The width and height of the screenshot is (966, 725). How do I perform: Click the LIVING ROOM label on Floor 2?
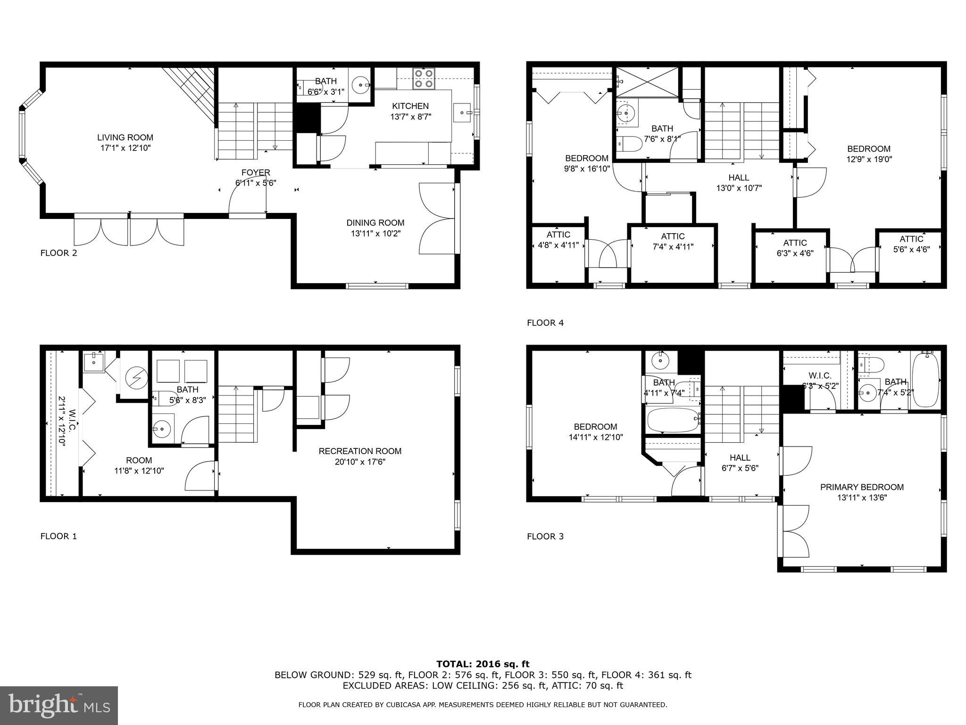click(125, 137)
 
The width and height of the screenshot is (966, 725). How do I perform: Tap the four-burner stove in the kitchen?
click(423, 78)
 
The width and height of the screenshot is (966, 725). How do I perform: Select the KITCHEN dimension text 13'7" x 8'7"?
click(410, 116)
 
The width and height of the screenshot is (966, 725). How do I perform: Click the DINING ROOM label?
click(375, 223)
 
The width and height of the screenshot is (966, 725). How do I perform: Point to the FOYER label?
click(256, 173)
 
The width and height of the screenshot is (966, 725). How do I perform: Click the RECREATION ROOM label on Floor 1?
click(360, 451)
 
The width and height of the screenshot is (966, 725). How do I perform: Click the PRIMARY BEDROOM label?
click(862, 487)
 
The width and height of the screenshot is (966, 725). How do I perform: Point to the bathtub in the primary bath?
click(925, 380)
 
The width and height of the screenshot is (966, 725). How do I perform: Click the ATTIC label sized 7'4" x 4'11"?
click(673, 236)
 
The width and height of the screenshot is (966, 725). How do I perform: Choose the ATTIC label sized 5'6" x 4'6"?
click(911, 239)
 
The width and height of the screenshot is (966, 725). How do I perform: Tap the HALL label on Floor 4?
click(739, 178)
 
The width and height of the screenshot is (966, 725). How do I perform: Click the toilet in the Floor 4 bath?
click(629, 143)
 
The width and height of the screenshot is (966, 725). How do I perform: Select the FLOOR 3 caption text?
click(545, 536)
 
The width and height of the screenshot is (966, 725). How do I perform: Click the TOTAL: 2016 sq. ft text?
click(483, 665)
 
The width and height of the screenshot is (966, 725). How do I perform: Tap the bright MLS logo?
click(59, 705)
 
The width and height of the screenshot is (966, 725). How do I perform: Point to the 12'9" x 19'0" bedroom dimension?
click(869, 160)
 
